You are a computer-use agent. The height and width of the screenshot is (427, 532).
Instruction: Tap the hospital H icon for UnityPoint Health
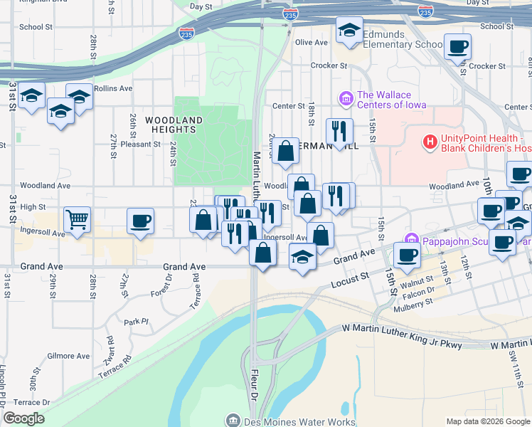[x=430, y=142]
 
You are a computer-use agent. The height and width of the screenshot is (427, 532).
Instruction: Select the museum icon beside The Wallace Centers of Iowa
[x=346, y=98]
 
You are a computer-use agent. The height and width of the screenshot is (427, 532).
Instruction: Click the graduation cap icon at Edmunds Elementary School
[x=349, y=30]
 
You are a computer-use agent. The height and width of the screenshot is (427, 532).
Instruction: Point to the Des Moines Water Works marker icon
[x=233, y=421]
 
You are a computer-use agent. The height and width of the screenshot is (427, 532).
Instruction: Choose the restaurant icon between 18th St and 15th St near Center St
[x=340, y=130]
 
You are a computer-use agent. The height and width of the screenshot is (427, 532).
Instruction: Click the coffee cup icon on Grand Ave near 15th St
[x=408, y=255]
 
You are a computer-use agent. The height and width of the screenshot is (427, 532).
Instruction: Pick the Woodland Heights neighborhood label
[x=174, y=125]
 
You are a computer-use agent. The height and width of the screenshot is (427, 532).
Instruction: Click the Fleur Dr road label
[x=253, y=394]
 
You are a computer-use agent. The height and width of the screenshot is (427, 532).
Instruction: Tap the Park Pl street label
[x=134, y=322]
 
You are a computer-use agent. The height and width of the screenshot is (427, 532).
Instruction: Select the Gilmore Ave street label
[x=69, y=356]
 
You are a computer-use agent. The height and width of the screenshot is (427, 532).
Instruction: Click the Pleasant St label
[x=140, y=144]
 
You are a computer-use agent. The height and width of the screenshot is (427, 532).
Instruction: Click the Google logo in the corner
[x=23, y=418]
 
